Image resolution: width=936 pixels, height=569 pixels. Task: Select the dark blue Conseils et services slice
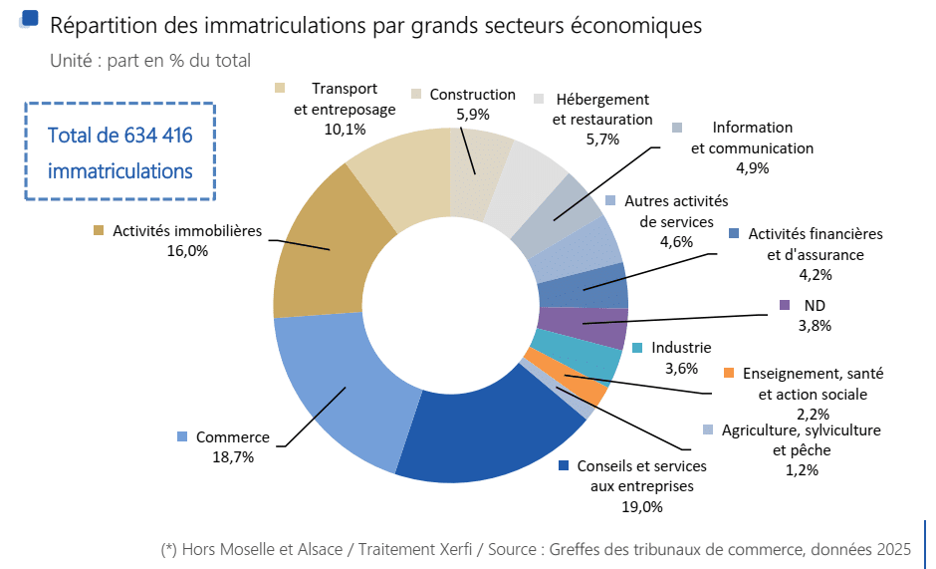pos(488,438)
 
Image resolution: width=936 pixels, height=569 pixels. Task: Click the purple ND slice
pos(582,326)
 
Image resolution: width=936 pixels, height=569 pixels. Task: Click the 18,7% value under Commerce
pos(232,457)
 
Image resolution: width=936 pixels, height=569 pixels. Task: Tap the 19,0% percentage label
pos(641,506)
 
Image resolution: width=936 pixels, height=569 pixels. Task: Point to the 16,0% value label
pos(187,251)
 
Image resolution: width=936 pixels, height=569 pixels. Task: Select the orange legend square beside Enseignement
pos(729,374)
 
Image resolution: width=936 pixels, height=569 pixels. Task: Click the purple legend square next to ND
pos(785,305)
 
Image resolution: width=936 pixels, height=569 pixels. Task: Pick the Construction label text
pos(472,95)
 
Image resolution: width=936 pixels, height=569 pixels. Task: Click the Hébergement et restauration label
pos(602,110)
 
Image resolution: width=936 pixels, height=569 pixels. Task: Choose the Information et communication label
pos(752,138)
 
